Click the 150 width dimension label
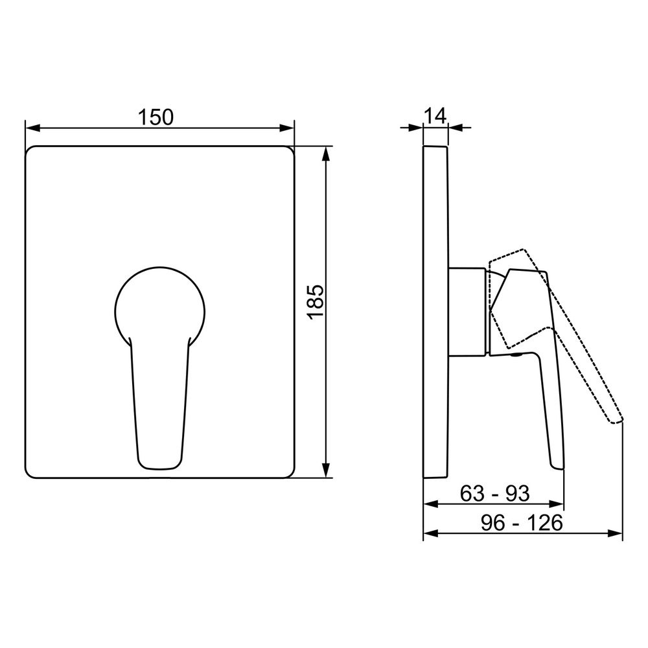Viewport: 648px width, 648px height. (x=156, y=117)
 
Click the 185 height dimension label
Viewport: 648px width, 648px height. (x=316, y=301)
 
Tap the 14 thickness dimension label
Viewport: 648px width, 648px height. (x=435, y=116)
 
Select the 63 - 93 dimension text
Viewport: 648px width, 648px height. (x=494, y=493)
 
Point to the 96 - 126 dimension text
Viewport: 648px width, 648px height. (x=522, y=523)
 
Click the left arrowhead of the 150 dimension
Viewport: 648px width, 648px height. (x=32, y=128)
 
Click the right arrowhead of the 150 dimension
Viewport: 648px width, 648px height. (x=287, y=128)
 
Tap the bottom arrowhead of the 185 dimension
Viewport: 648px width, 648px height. (x=327, y=470)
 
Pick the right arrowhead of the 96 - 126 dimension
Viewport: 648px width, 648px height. (x=615, y=534)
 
